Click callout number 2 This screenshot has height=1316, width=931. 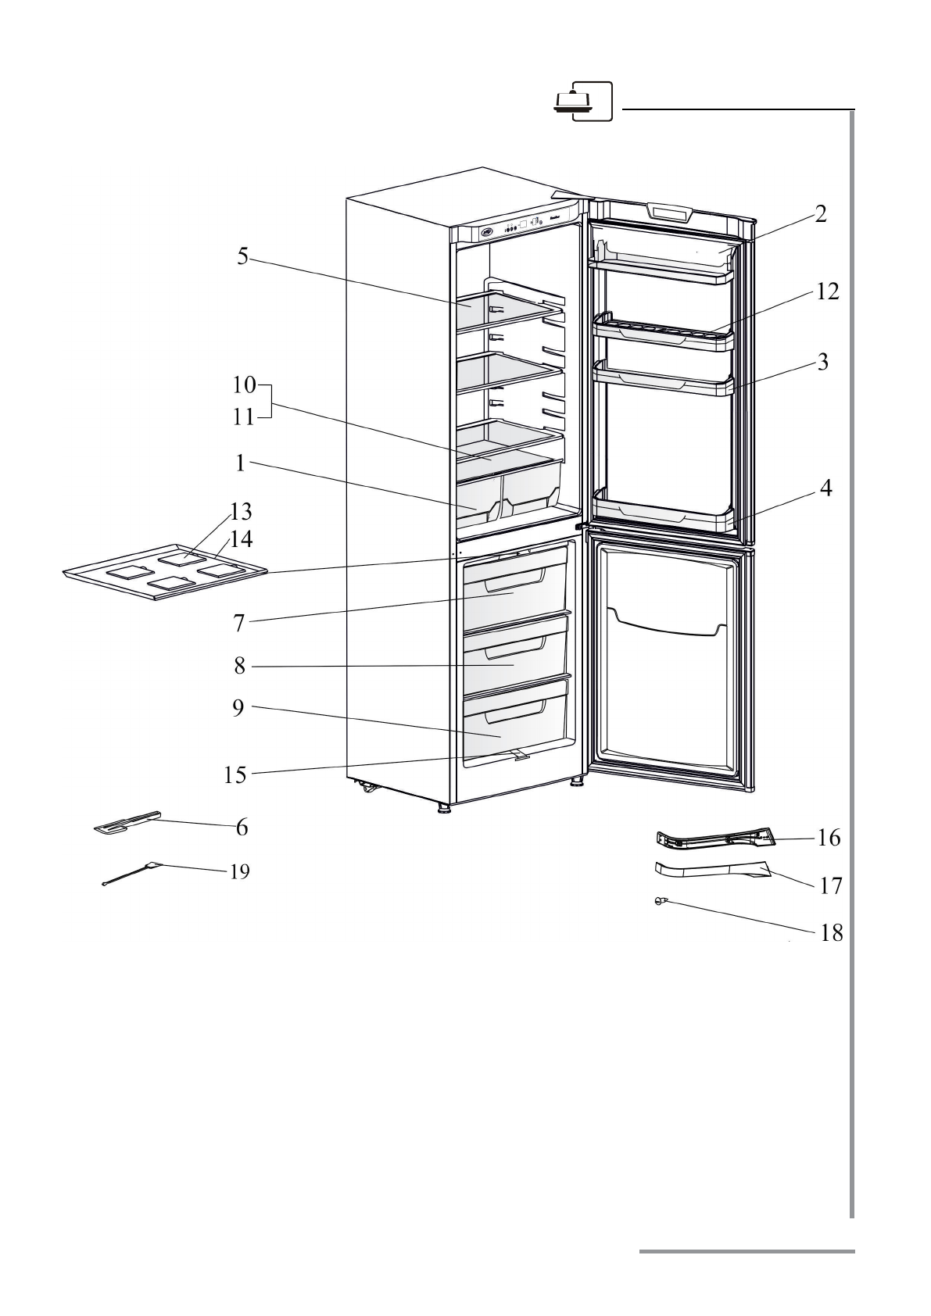point(819,214)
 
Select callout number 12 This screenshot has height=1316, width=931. point(827,291)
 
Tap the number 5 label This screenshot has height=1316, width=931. point(243,256)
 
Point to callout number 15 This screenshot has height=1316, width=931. point(235,774)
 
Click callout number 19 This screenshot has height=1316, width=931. point(239,872)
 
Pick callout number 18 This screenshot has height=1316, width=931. point(831,933)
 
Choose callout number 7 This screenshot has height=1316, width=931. point(239,623)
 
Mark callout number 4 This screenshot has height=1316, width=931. point(825,490)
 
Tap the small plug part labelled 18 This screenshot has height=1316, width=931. point(661,901)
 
